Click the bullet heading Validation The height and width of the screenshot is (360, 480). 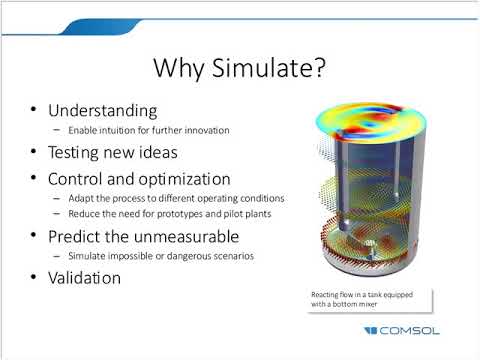[85, 278]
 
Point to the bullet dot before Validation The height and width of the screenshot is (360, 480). [36, 278]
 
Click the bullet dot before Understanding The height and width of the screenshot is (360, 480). [36, 109]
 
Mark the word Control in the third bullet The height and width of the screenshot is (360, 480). [75, 179]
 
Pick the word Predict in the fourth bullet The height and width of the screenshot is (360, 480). [77, 236]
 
